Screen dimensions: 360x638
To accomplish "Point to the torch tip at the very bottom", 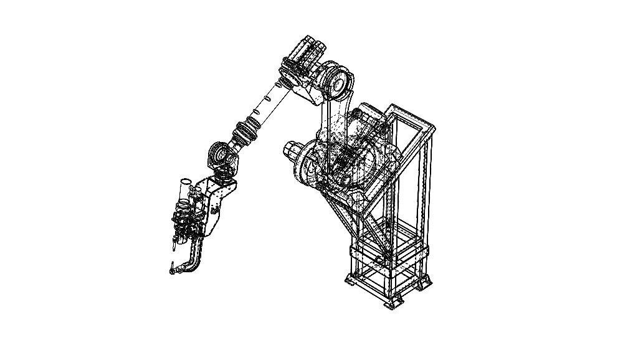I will point(171,270).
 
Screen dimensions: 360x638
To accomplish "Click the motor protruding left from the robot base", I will point(292,151).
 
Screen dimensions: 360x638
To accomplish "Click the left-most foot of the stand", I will point(349,282).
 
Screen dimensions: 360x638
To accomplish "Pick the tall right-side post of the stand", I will point(427,187).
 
